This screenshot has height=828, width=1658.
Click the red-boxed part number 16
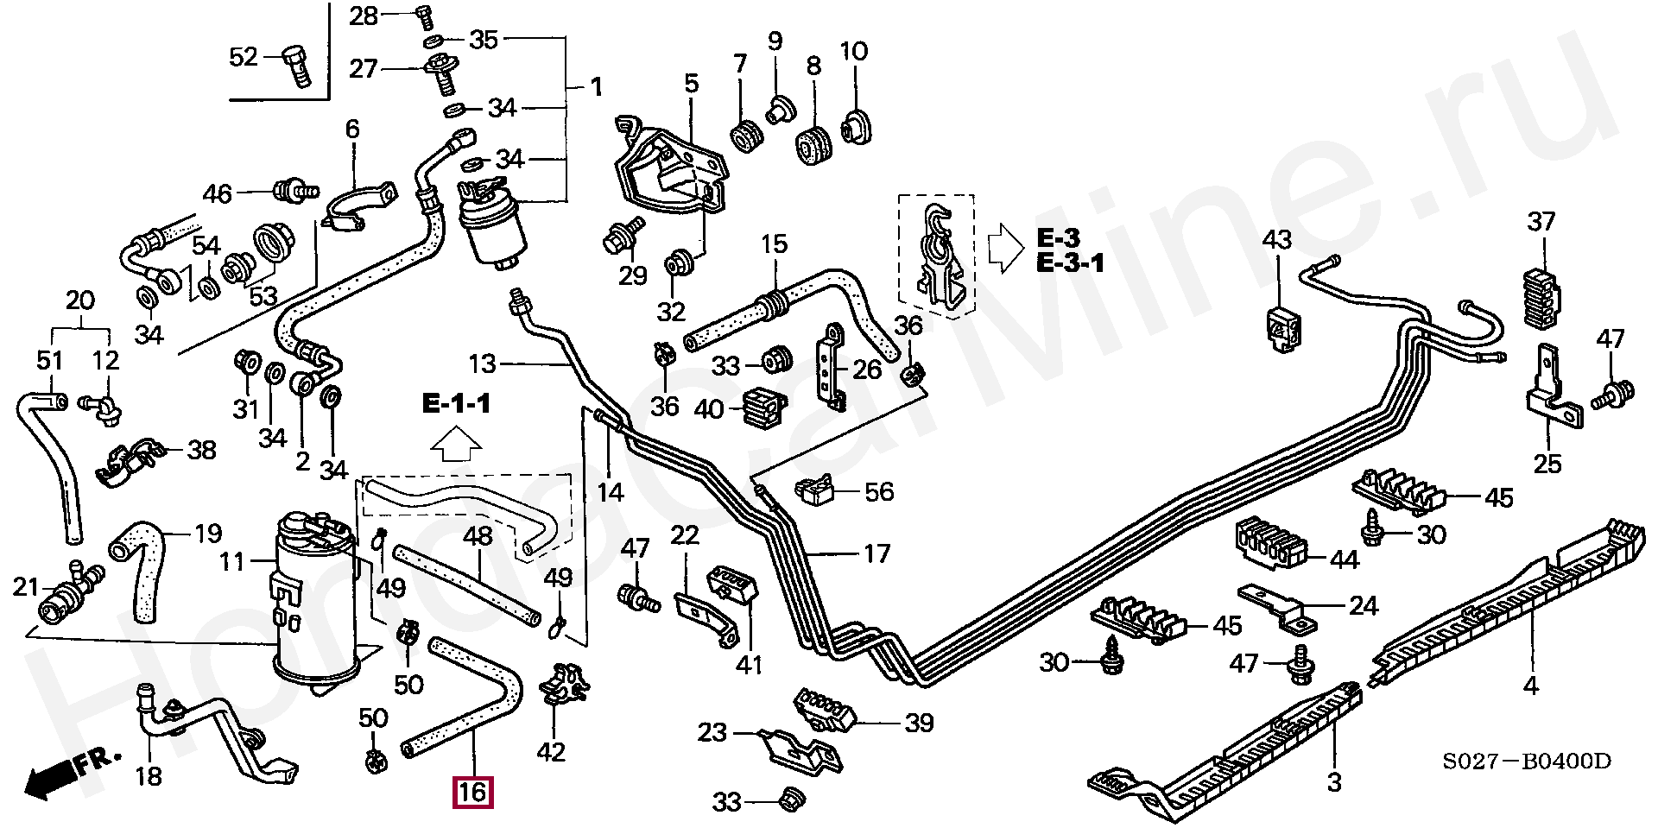(473, 792)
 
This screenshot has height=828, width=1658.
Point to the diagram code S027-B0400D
(1526, 762)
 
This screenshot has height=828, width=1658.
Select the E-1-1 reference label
(456, 403)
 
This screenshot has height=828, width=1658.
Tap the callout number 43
(1276, 240)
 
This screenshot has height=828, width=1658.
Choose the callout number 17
(876, 553)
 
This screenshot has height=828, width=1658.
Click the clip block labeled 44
(1267, 542)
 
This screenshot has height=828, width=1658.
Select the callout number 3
(1334, 782)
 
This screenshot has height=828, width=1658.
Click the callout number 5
(691, 84)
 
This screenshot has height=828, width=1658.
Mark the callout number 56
(879, 492)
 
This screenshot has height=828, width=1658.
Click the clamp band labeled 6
(359, 207)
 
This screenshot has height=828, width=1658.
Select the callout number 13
(483, 364)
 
